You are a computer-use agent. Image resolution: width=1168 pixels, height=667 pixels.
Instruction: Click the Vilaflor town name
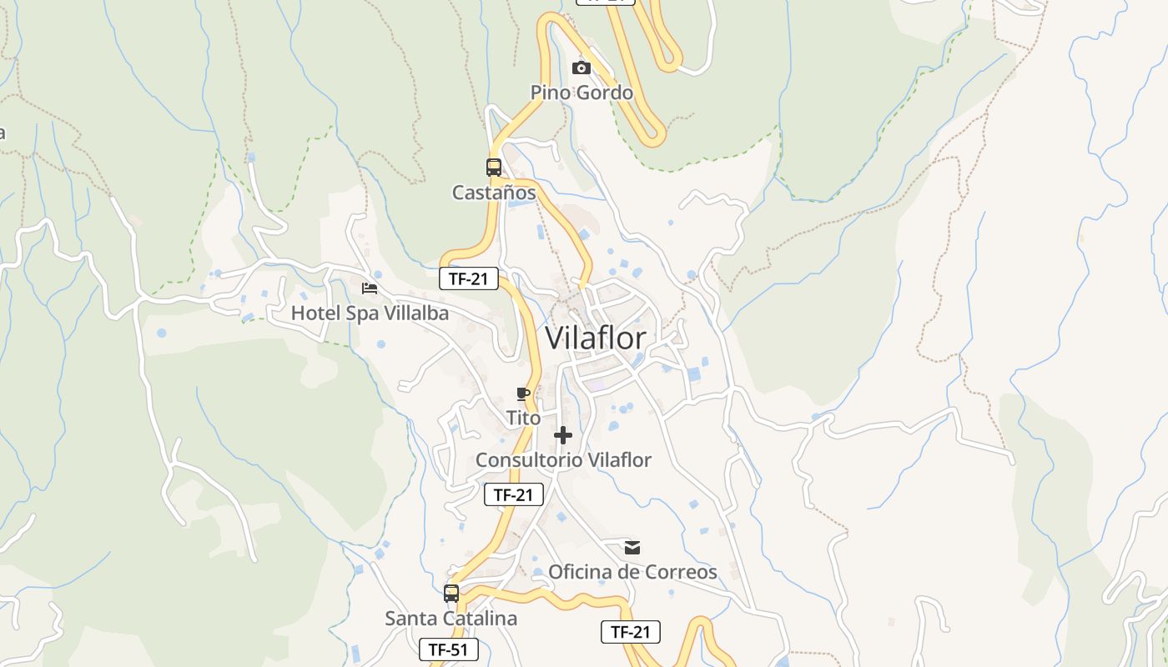pos(595,338)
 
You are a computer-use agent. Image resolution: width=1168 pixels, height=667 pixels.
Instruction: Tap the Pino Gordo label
pos(581,93)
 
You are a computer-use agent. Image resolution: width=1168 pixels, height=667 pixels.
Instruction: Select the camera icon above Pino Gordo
pos(581,68)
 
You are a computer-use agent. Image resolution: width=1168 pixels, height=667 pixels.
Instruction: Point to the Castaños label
pos(494,193)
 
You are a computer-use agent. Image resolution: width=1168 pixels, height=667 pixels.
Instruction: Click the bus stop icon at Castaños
pos(494,167)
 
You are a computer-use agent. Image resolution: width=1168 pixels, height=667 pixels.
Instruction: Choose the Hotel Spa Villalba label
pos(370,313)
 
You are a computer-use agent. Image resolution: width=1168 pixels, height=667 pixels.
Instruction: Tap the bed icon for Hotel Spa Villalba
pos(370,288)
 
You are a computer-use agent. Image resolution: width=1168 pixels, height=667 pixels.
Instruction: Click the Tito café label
pos(523,418)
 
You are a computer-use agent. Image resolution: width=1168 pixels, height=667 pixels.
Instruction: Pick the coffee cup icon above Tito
pos(523,394)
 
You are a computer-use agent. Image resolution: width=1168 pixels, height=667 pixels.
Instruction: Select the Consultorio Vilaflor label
pos(563,459)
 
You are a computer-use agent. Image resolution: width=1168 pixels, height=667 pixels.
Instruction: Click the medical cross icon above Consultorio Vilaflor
pos(563,435)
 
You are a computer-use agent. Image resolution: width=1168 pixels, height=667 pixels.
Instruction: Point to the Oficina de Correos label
pos(632,572)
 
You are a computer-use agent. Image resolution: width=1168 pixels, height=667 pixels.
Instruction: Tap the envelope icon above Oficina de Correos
pos(632,548)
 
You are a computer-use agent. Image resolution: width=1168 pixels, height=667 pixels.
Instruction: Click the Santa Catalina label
pos(451,619)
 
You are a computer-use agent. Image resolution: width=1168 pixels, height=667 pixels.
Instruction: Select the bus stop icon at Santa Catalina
pos(451,594)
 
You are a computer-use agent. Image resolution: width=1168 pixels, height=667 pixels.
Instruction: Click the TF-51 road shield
pos(449,649)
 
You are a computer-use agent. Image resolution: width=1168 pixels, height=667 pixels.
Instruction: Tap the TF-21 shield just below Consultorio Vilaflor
pos(514,494)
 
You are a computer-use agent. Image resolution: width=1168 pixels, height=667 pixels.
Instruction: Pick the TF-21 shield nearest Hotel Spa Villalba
pos(469,279)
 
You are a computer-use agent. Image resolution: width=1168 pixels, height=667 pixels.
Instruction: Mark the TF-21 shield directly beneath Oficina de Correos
pos(631,632)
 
